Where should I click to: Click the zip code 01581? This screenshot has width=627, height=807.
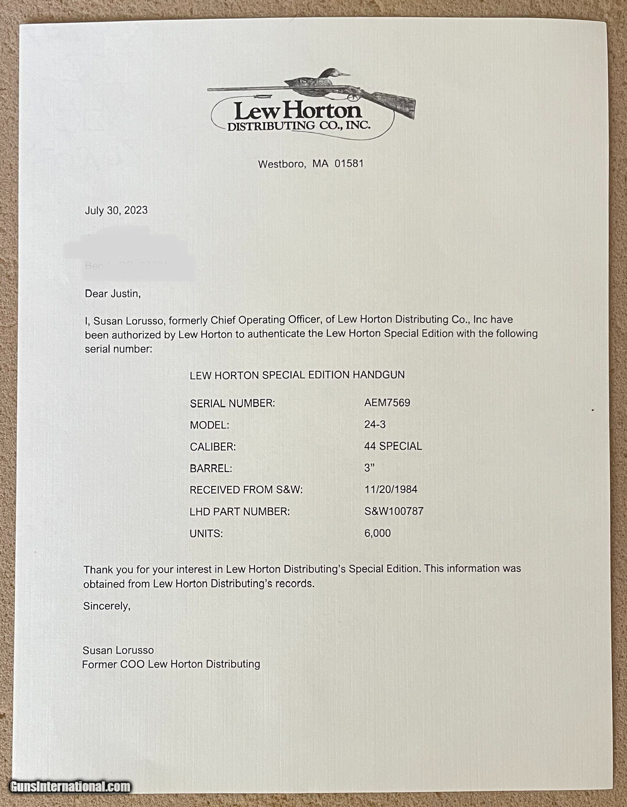tap(349, 163)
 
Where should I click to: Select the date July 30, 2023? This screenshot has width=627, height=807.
tap(116, 210)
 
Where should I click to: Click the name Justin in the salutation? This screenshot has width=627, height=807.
tap(125, 294)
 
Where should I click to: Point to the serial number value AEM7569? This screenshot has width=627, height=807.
tap(387, 403)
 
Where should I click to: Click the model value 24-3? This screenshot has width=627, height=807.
tap(375, 425)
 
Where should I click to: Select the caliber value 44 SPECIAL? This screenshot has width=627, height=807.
tap(393, 446)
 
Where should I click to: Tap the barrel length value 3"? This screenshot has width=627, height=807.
tap(369, 468)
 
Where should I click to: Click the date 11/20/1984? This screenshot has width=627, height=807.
tap(390, 489)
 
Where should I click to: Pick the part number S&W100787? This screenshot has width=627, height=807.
tap(393, 511)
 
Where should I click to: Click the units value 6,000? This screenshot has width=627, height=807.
tap(377, 533)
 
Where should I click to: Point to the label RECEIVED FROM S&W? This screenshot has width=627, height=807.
tap(246, 490)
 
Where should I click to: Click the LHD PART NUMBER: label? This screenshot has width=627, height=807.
tap(239, 512)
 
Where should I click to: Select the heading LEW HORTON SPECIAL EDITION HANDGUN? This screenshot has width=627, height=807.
tap(297, 375)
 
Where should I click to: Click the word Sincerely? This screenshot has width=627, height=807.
tap(106, 606)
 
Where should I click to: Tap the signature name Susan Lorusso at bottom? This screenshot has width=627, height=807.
tap(118, 650)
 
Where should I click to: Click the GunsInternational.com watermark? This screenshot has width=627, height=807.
tap(70, 786)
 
